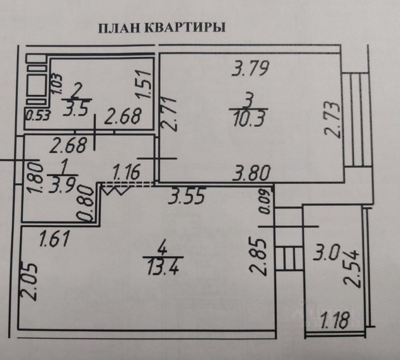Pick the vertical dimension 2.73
tap(332, 120)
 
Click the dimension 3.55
tap(187, 197)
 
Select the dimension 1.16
tap(126, 172)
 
